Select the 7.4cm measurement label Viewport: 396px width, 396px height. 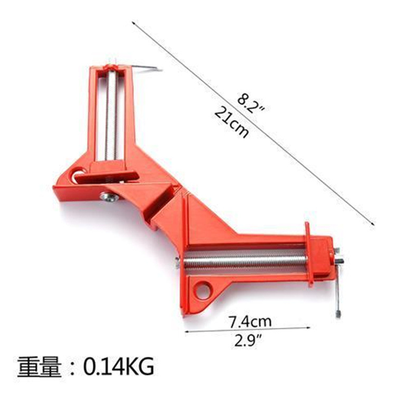(250, 320)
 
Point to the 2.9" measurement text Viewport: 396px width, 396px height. (248, 341)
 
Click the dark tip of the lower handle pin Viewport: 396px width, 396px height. (336, 314)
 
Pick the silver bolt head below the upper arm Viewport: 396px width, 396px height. (107, 197)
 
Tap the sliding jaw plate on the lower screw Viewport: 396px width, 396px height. (308, 253)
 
